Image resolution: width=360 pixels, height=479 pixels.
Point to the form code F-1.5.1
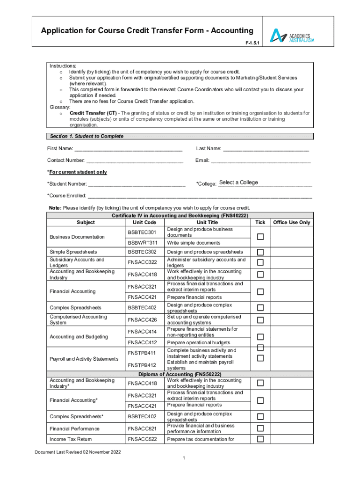252,42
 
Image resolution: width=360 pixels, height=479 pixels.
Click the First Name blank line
128,149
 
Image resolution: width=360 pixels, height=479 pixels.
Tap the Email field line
260,161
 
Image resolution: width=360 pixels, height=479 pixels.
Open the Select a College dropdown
265,183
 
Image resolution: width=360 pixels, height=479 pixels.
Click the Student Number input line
137,184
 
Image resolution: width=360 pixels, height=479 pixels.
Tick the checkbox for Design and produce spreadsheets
260,253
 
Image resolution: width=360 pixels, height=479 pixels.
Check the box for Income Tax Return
260,439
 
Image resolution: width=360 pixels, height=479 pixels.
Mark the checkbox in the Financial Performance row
260,428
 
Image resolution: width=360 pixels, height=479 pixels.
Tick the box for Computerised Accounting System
260,320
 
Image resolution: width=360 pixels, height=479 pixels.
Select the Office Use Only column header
291,223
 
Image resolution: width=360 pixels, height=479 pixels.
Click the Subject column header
86,223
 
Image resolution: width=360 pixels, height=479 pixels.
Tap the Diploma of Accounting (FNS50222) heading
180,375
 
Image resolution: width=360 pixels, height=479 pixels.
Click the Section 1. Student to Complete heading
87,136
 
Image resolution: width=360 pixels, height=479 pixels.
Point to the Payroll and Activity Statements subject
84,359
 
